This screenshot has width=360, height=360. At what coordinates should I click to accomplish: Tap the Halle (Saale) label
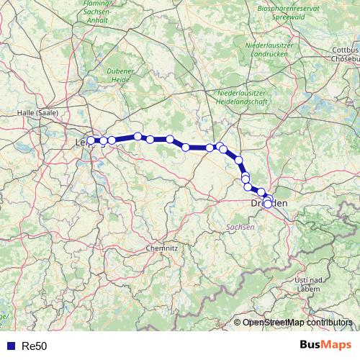37,113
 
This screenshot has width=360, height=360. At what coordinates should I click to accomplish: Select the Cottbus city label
346,50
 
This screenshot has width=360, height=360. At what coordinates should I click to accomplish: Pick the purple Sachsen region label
240,227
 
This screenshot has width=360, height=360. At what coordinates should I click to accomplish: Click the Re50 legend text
35,346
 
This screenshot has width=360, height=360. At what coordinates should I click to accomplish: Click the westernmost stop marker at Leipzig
91,141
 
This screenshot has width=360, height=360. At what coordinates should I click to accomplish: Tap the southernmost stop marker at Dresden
267,204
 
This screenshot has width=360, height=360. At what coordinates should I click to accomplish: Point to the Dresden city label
269,204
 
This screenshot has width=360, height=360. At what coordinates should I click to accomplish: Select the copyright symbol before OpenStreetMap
238,323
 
